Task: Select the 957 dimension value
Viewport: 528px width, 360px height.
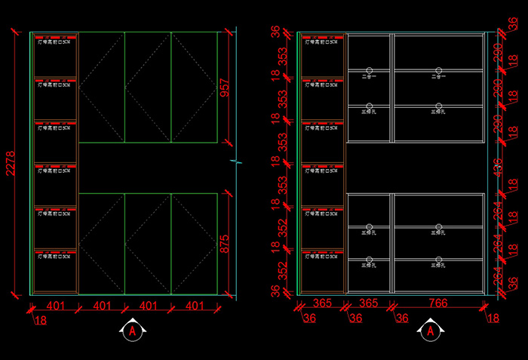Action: click(224, 87)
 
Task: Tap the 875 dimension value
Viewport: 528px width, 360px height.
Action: click(224, 243)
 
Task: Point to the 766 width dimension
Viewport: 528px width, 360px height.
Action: click(438, 303)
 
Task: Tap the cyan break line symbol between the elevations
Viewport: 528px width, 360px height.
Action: click(236, 161)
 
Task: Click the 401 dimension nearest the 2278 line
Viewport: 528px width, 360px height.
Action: click(54, 306)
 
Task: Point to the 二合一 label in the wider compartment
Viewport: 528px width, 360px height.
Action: click(438, 75)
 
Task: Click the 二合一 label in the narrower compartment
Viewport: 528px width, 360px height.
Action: click(370, 75)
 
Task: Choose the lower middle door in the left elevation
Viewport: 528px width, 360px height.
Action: click(148, 243)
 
